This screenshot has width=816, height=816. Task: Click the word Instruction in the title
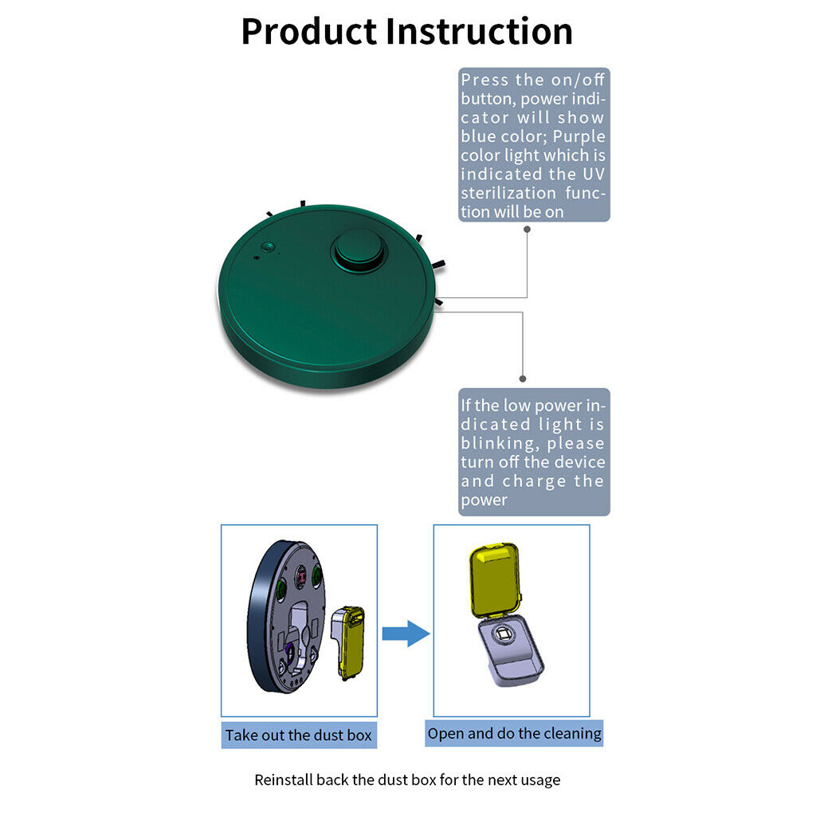tap(479, 31)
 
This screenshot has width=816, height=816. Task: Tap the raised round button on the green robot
tap(359, 249)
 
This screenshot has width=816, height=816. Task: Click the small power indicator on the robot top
tap(268, 247)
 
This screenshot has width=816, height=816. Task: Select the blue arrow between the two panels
tap(406, 634)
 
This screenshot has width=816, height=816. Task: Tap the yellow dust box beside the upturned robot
tap(351, 643)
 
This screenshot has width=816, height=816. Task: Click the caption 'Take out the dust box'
tap(299, 735)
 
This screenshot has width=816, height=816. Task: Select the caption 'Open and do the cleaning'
tap(514, 733)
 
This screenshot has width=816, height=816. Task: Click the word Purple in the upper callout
tap(579, 136)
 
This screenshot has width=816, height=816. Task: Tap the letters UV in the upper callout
tap(594, 174)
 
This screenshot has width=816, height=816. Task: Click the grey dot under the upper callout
tap(528, 229)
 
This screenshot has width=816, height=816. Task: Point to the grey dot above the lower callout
tap(523, 379)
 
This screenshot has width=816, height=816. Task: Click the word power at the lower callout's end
tap(484, 500)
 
